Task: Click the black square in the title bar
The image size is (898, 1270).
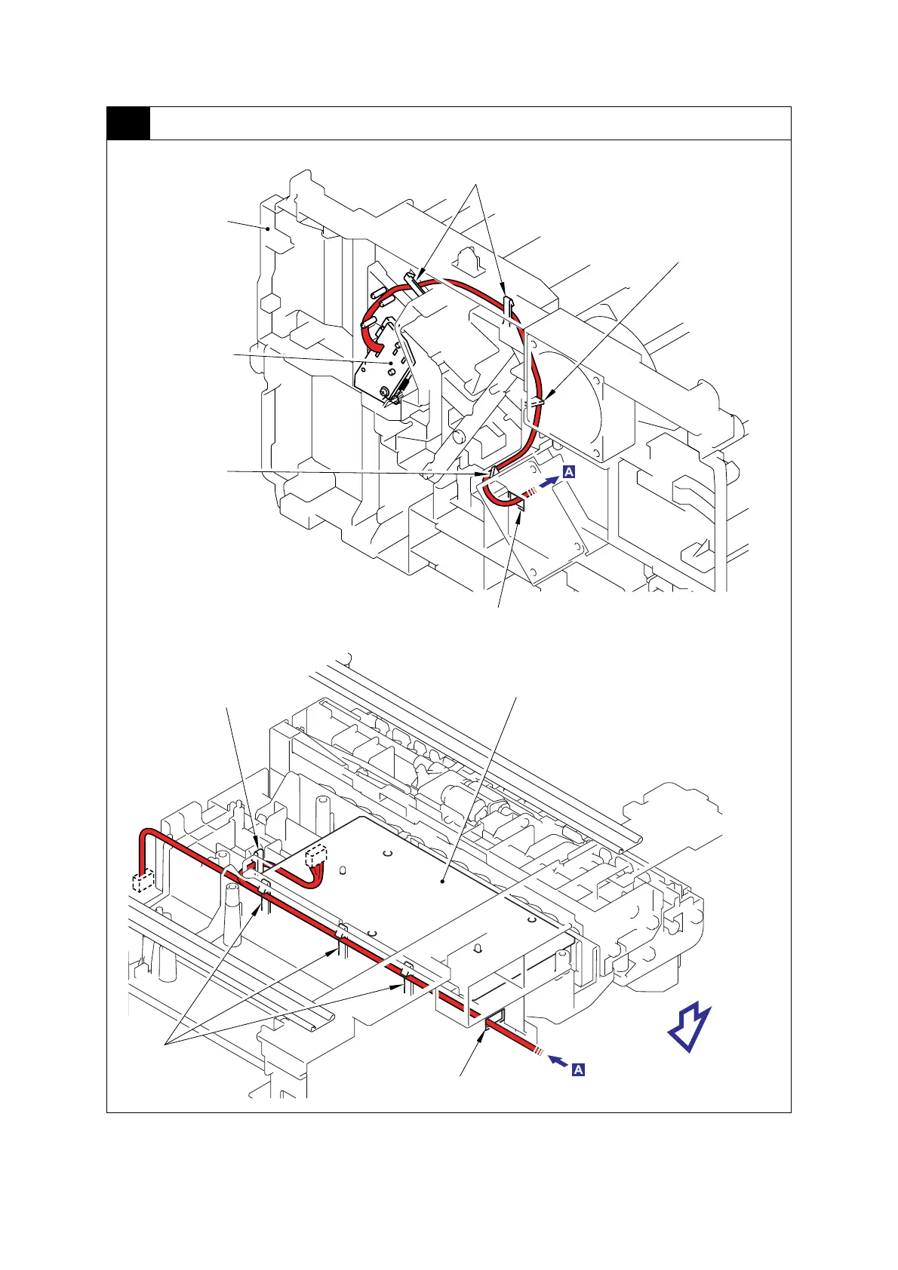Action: point(128,124)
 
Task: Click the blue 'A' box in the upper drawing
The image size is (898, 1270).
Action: point(569,472)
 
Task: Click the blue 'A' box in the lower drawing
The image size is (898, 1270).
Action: point(579,1069)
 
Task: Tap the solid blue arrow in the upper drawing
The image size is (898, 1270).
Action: point(551,478)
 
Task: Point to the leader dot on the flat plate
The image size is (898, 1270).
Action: point(443,879)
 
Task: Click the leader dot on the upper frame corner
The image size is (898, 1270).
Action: point(268,227)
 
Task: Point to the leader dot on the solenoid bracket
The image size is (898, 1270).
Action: point(390,363)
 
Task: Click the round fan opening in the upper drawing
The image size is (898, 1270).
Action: point(581,392)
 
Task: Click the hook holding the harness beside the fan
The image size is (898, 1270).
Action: point(536,403)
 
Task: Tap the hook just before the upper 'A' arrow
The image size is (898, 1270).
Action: point(519,502)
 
